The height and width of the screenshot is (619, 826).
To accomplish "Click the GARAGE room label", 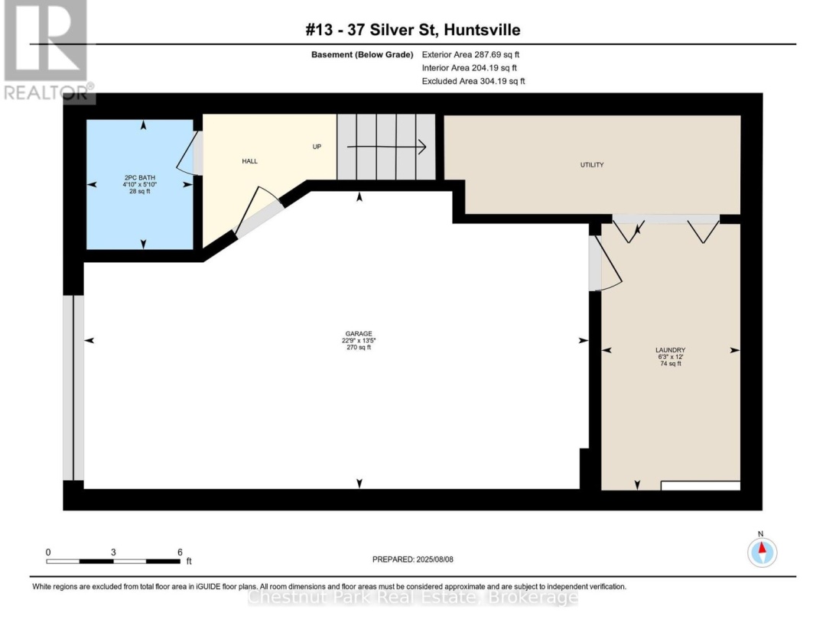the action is click(x=359, y=334).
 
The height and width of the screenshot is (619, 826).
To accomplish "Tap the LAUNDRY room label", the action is click(x=670, y=350).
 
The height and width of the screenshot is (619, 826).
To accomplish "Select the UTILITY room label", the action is click(x=591, y=165).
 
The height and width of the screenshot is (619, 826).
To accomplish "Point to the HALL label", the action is click(x=249, y=161).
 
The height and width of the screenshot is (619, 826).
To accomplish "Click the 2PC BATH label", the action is click(x=140, y=178).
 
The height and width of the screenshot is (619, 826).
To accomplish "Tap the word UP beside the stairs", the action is click(x=317, y=147).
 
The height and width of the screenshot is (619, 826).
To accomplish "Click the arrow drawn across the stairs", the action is click(x=386, y=147).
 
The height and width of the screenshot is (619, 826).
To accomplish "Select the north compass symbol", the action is click(x=762, y=553).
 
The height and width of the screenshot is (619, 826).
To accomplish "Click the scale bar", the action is click(x=113, y=562).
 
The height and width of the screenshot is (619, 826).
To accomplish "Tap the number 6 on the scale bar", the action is click(x=180, y=553).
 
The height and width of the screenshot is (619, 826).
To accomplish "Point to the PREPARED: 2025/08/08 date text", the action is click(x=412, y=559).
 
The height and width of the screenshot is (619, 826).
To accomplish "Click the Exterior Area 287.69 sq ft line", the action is click(x=470, y=54).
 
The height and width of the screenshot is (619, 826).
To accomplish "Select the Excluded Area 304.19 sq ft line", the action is click(x=473, y=81).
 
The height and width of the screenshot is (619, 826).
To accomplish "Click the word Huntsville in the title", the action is click(x=482, y=30).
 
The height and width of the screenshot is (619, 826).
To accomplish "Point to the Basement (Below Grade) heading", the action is click(x=362, y=55).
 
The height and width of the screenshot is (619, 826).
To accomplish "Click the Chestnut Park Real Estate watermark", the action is click(x=412, y=598).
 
